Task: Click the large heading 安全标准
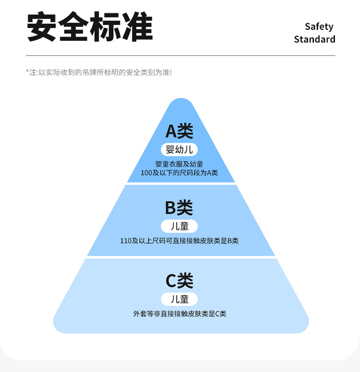[x=90, y=27]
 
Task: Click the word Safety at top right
[x=319, y=26]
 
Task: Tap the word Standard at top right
[x=314, y=39]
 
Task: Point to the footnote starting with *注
[x=98, y=73]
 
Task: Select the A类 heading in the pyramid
[x=180, y=131]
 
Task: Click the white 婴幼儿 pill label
[x=180, y=149]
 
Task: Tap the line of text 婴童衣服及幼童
[x=179, y=164]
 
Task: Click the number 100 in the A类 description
[x=146, y=173]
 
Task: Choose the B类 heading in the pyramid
[x=179, y=208]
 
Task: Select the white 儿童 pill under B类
[x=180, y=226]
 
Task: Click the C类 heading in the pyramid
[x=180, y=281]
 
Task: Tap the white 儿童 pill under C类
[x=180, y=299]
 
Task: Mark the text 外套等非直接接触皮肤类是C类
[x=180, y=314]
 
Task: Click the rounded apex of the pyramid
[x=180, y=102]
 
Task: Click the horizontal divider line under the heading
[x=180, y=56]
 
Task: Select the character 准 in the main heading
[x=137, y=27]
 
